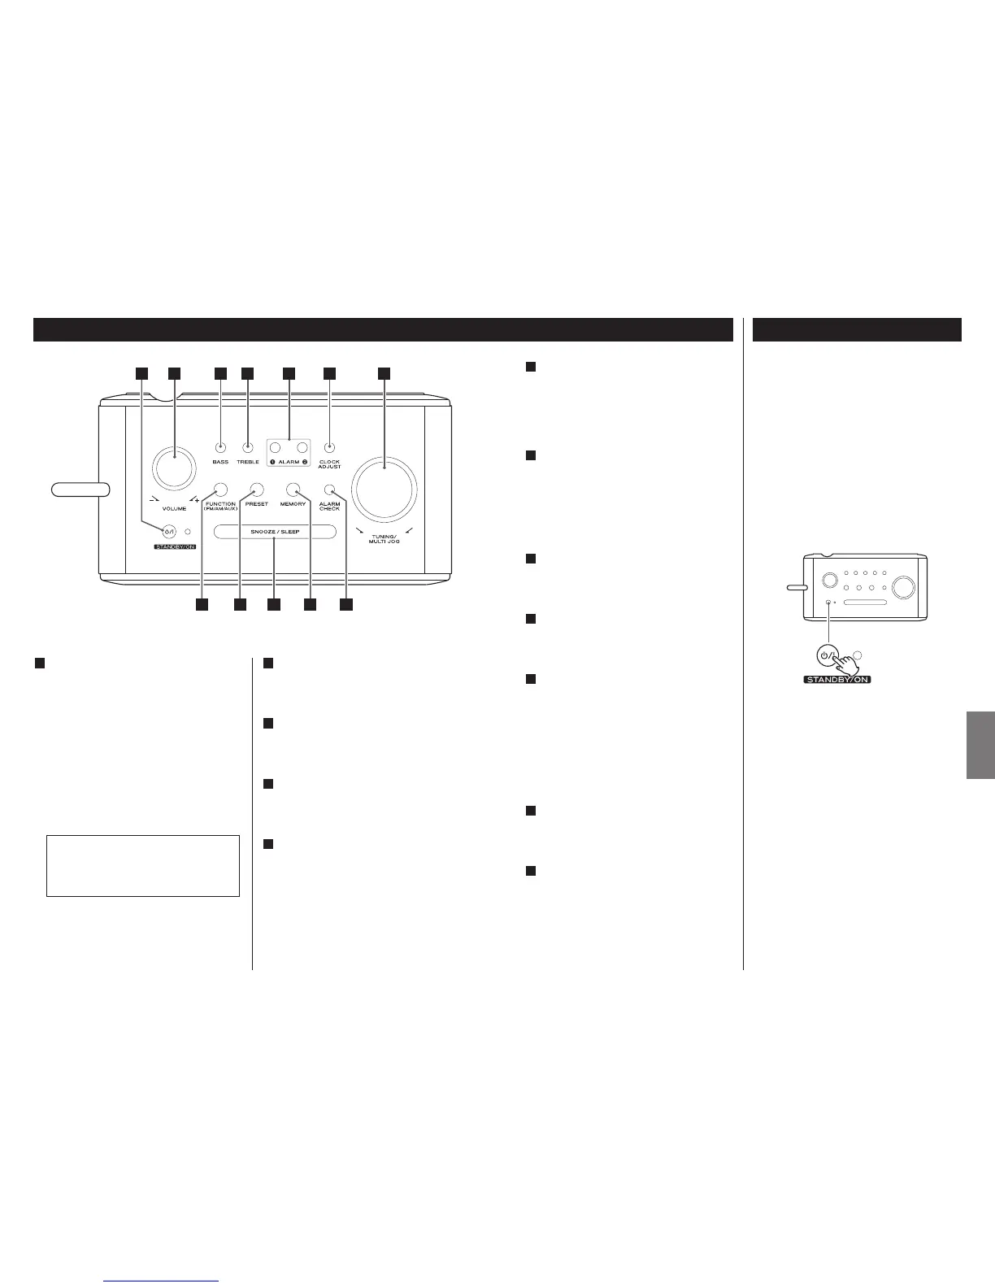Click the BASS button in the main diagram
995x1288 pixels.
pos(219,447)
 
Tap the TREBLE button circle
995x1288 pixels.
pos(247,447)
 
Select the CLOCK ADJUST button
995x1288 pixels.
pos(329,447)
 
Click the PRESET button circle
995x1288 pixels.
pos(257,490)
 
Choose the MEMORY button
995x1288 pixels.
pos(293,490)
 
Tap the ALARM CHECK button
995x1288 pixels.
pos(329,490)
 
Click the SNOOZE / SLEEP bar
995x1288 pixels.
pos(275,532)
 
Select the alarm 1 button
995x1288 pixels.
pos(276,447)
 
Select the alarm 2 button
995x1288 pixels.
pos(302,447)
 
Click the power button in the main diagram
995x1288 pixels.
pos(169,532)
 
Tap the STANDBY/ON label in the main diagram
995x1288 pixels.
pos(169,546)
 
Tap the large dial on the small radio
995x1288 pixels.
pos(905,584)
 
